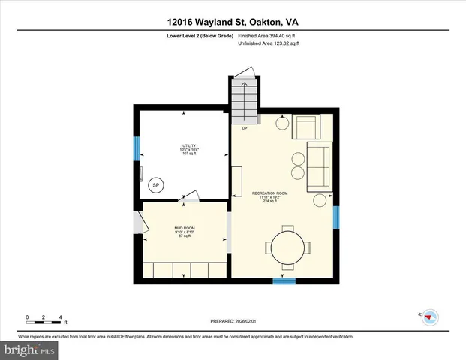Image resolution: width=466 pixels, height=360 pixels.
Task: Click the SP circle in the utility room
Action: (x=156, y=185)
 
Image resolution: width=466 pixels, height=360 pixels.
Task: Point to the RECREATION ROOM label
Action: (x=272, y=197)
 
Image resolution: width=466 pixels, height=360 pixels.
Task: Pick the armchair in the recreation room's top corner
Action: (x=306, y=127)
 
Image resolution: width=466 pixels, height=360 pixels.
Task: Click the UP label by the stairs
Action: (x=245, y=128)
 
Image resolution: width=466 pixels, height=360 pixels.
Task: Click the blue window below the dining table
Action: (x=284, y=281)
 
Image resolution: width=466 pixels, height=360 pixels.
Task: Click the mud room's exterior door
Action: (x=137, y=223)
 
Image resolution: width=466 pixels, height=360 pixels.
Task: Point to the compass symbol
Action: (x=431, y=317)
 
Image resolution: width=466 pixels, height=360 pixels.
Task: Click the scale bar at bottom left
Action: (x=44, y=320)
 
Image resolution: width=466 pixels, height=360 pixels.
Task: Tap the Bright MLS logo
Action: (x=28, y=349)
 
